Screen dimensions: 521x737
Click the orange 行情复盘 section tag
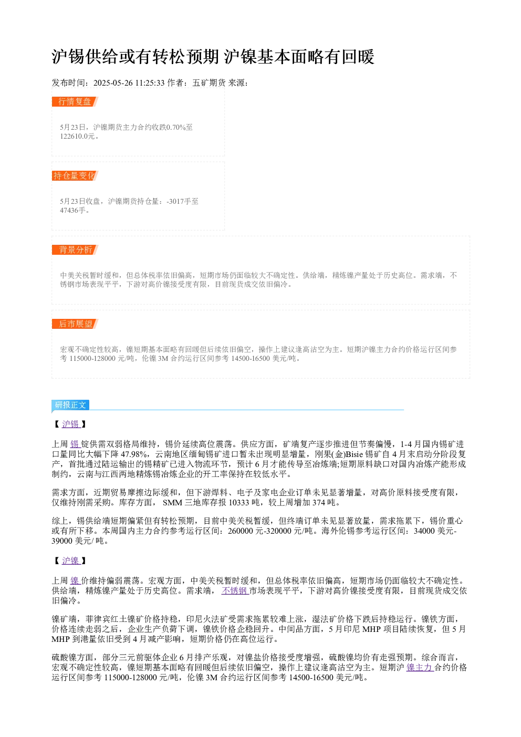[75, 102]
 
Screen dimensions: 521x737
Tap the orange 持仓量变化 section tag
[75, 175]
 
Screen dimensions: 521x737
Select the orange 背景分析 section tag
[75, 250]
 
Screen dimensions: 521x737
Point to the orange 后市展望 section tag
[75, 324]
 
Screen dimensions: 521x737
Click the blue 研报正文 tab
[70, 404]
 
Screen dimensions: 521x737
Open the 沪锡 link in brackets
[71, 424]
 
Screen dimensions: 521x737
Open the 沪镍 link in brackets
[71, 560]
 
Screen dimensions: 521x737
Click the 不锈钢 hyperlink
[235, 590]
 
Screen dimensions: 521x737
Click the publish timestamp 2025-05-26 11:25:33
[129, 83]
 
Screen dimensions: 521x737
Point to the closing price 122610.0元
[77, 136]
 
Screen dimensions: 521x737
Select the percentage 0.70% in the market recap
[176, 127]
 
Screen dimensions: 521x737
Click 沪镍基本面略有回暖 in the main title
[299, 57]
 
